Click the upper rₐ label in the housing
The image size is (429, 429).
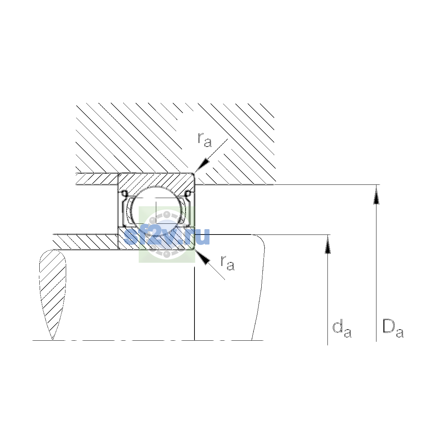[204, 140]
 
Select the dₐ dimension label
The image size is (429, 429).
[342, 330]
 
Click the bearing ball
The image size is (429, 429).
[156, 211]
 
